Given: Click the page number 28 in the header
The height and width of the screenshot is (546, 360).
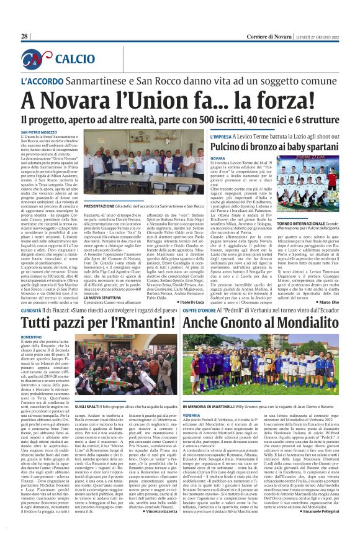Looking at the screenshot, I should click(24, 36).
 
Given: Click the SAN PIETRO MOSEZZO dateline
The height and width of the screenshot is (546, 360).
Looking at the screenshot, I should click(41, 132).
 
